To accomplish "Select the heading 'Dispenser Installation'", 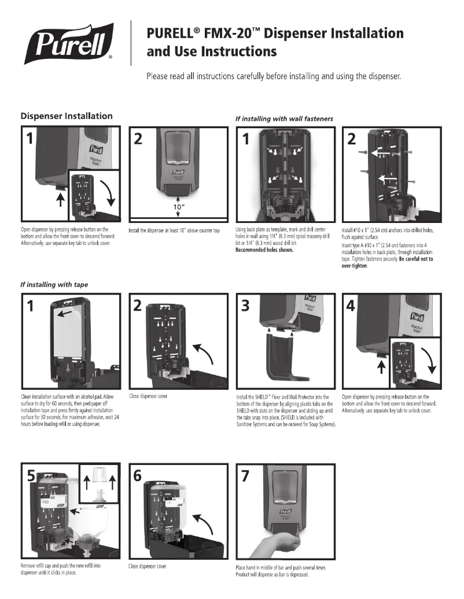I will (67, 116).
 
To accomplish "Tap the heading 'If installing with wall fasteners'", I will (284, 118).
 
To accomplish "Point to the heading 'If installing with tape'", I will (54, 284).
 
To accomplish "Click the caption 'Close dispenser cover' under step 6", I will (147, 566).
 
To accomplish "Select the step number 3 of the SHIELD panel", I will (246, 306).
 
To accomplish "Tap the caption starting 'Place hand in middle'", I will (281, 567).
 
